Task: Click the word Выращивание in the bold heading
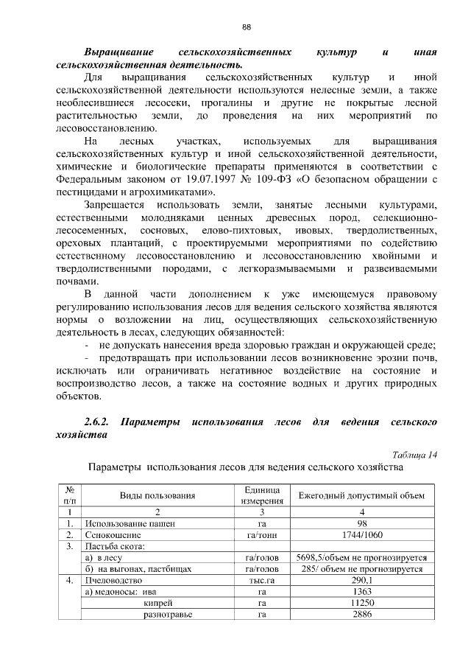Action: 118,53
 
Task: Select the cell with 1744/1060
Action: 361,534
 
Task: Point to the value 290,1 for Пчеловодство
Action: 361,580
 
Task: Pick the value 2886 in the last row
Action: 361,614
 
